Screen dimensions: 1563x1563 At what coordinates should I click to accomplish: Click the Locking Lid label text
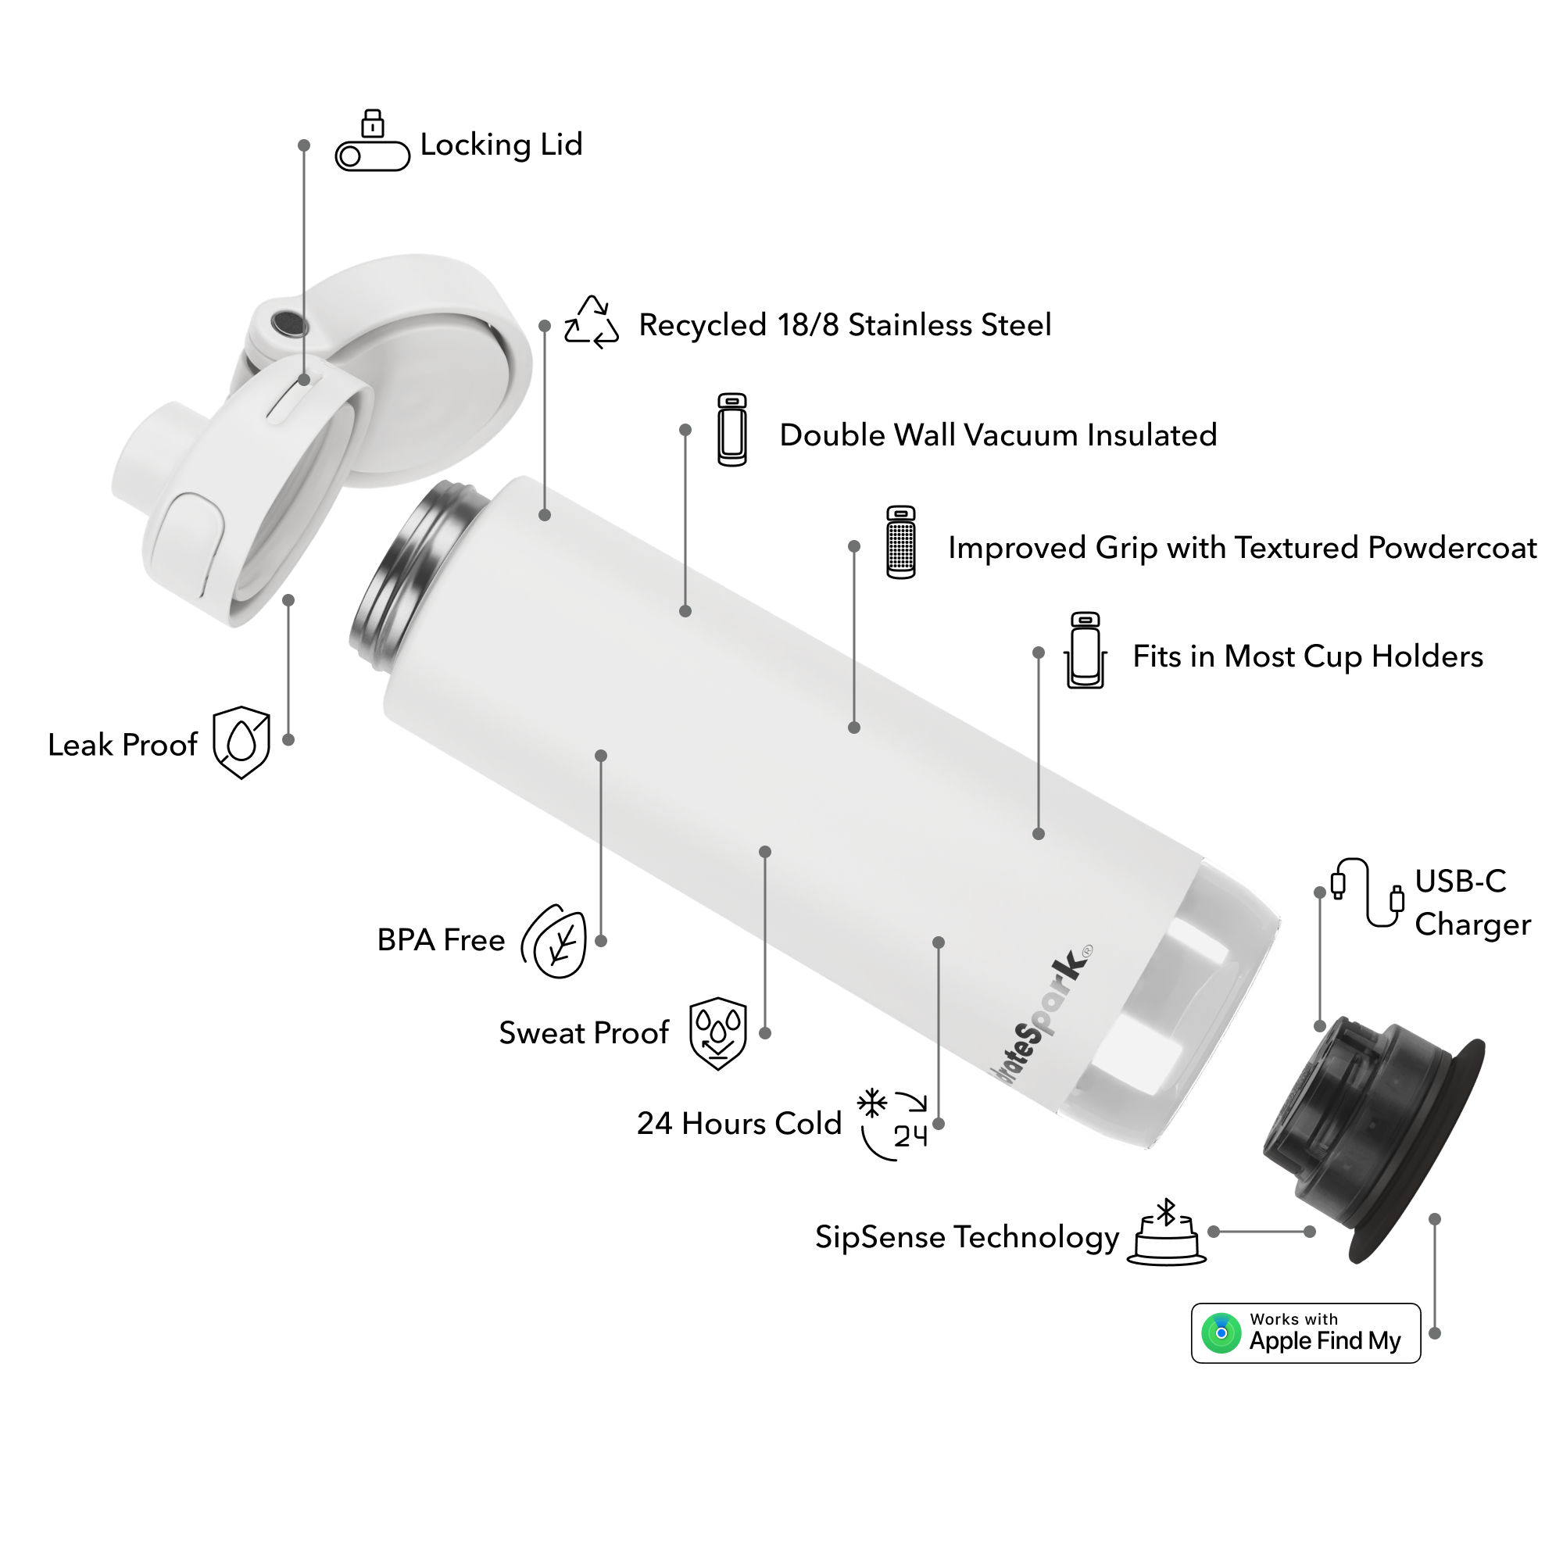502,145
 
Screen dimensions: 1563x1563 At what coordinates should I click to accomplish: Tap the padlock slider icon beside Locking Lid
372,140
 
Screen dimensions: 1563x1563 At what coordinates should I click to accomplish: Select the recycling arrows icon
592,322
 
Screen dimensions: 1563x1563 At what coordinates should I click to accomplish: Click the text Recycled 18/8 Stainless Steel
845,325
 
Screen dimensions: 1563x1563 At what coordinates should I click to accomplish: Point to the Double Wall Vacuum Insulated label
997,435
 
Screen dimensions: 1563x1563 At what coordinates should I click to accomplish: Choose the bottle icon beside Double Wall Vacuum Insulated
732,430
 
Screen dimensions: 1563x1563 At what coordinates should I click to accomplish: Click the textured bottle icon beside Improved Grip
900,542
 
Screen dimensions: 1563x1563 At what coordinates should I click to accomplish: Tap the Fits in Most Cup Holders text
1307,657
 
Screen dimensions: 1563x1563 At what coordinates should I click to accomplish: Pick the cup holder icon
1085,650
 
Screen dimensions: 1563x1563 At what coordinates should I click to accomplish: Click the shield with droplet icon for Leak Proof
241,742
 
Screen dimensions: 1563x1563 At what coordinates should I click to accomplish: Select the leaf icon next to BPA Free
555,941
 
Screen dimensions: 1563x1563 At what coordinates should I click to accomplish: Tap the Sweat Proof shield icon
717,1033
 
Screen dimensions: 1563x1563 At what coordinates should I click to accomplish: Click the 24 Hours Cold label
739,1124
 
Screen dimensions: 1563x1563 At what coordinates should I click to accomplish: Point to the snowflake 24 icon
892,1125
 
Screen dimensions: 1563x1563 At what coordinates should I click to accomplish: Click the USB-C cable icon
1367,892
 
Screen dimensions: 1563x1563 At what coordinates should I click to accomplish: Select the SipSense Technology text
967,1238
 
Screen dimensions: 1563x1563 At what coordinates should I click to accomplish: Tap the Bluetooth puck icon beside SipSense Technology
1166,1232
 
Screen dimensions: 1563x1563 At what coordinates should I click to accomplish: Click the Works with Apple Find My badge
1306,1333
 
